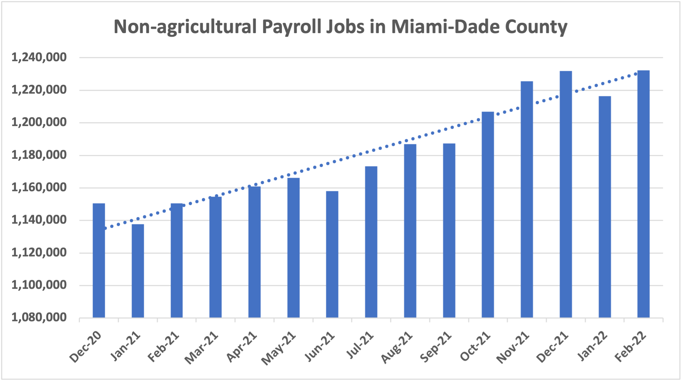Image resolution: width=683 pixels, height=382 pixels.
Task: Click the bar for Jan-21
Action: tap(138, 271)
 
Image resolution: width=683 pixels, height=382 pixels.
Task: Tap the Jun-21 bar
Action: tap(332, 254)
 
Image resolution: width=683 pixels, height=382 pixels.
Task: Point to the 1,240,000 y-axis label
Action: tap(39, 58)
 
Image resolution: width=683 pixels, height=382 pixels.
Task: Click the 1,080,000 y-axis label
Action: tap(39, 318)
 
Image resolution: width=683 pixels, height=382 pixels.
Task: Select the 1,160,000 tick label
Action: tap(39, 188)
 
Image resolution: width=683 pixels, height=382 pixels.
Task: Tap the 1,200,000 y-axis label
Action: tap(39, 123)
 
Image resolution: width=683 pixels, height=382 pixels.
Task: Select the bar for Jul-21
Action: tap(371, 242)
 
